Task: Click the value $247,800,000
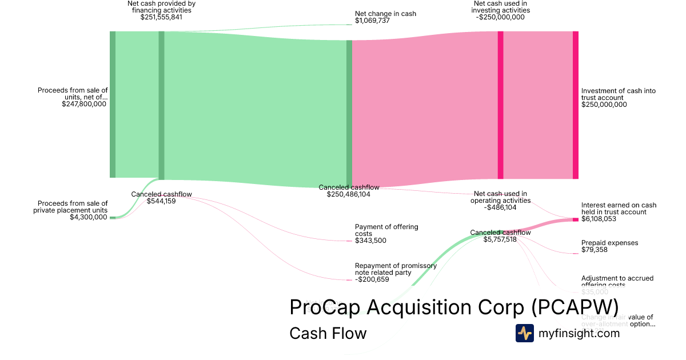pyautogui.click(x=84, y=104)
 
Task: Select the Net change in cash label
pyautogui.click(x=385, y=14)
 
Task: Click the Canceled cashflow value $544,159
pyautogui.click(x=161, y=201)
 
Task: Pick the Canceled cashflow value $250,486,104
pyautogui.click(x=349, y=194)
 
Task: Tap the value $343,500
pyautogui.click(x=370, y=241)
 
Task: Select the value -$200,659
pyautogui.click(x=372, y=279)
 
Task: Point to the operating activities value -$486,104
pyautogui.click(x=500, y=207)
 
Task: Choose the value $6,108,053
pyautogui.click(x=599, y=219)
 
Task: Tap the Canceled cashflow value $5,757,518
pyautogui.click(x=500, y=239)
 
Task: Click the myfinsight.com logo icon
pyautogui.click(x=525, y=333)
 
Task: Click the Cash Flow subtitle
pyautogui.click(x=328, y=333)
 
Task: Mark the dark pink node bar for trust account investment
pyautogui.click(x=575, y=105)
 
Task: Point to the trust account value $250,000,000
pyautogui.click(x=604, y=105)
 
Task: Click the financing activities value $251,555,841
pyautogui.click(x=161, y=17)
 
